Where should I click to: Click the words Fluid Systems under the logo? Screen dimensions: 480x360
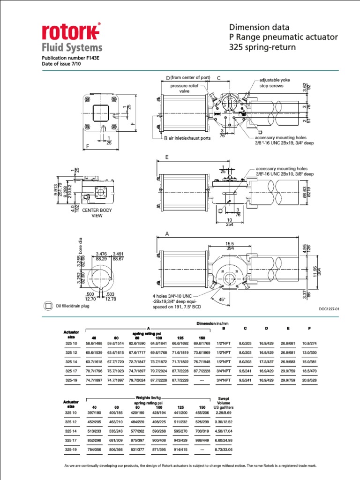(x=72, y=47)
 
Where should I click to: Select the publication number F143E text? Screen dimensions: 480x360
(x=71, y=58)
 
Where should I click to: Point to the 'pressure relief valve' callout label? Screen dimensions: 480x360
(x=185, y=89)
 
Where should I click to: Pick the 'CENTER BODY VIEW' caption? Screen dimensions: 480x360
(x=97, y=213)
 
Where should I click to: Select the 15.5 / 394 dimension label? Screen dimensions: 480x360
(x=229, y=246)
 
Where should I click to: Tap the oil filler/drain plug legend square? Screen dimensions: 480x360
(x=48, y=306)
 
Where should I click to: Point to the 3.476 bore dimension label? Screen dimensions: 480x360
(x=102, y=254)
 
